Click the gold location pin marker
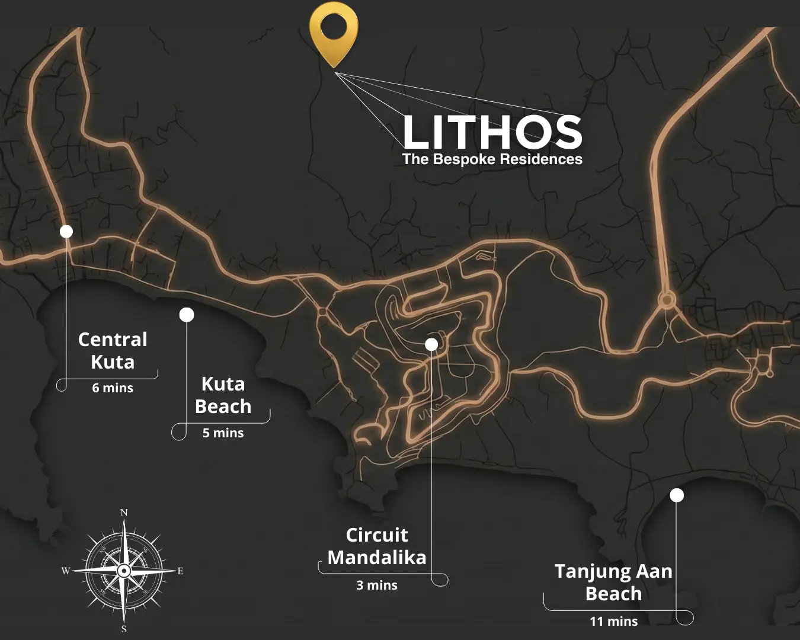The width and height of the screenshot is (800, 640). (334, 30)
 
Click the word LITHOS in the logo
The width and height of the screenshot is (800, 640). (492, 132)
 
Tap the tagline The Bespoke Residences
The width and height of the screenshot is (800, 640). (492, 159)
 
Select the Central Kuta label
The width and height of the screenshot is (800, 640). (113, 351)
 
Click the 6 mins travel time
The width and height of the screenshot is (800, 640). (113, 388)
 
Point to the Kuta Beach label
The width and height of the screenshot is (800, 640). (223, 395)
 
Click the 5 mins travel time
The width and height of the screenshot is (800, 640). (223, 433)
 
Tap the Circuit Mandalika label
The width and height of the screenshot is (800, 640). (377, 546)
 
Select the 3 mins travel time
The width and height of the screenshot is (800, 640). (377, 585)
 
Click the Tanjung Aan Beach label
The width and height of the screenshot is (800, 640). (613, 583)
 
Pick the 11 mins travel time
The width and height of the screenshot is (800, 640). (613, 622)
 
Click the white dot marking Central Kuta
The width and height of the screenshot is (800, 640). (66, 231)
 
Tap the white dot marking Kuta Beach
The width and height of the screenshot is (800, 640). (187, 315)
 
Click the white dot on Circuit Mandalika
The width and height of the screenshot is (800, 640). (431, 344)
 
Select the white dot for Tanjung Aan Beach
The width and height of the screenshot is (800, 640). (677, 495)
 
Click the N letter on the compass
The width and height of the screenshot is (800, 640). (124, 513)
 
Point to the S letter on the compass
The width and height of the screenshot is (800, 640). (124, 629)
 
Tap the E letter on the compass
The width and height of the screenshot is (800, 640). (180, 571)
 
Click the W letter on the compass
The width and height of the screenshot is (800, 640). (65, 571)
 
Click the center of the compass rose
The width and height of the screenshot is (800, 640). (123, 571)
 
